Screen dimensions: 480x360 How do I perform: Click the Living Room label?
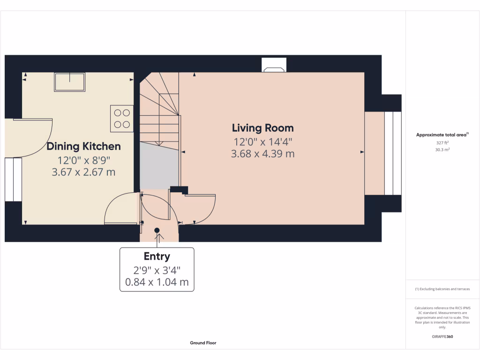(x=262, y=128)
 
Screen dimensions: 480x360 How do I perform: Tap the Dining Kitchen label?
(x=83, y=146)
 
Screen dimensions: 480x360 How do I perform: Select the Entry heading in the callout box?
(x=157, y=256)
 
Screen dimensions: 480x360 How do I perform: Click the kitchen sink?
(x=69, y=82)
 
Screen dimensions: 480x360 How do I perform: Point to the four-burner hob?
(x=122, y=119)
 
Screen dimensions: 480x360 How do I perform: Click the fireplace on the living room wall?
(x=274, y=65)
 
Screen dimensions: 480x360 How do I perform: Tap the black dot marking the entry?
(x=157, y=230)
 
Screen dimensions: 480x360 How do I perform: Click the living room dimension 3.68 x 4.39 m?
(x=262, y=154)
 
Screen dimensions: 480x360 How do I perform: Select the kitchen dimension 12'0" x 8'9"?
(x=83, y=160)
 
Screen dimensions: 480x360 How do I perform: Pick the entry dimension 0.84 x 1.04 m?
(x=157, y=282)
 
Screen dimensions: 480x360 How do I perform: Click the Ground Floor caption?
(x=203, y=343)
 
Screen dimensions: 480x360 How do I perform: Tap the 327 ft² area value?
(x=442, y=142)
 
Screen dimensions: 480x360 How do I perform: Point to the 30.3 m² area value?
(x=442, y=150)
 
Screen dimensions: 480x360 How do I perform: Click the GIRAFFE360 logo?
(x=442, y=337)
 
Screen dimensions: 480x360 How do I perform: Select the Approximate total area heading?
(x=442, y=135)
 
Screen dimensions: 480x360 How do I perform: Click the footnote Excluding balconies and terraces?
(x=442, y=289)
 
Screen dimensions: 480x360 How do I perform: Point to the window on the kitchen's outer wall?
(x=13, y=180)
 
